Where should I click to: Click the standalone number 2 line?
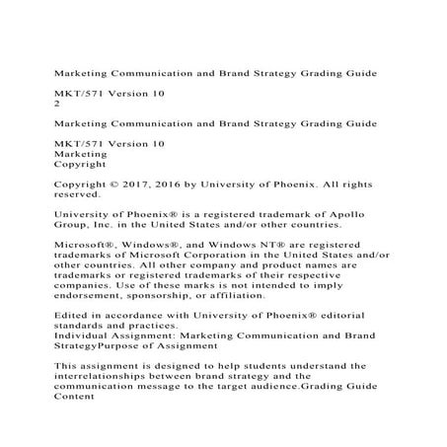pos(57,102)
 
